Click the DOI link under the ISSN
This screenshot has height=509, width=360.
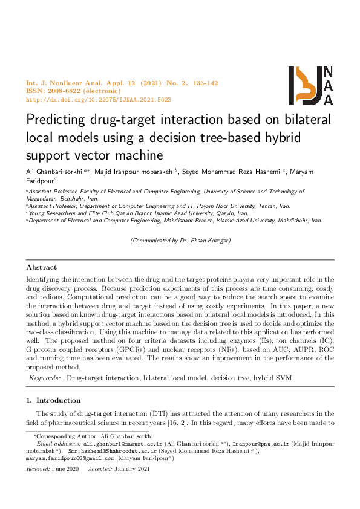coord(99,99)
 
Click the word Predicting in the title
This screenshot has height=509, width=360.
coord(56,119)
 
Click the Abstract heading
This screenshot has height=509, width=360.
coord(42,267)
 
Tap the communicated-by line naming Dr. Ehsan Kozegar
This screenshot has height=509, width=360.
coord(180,241)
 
